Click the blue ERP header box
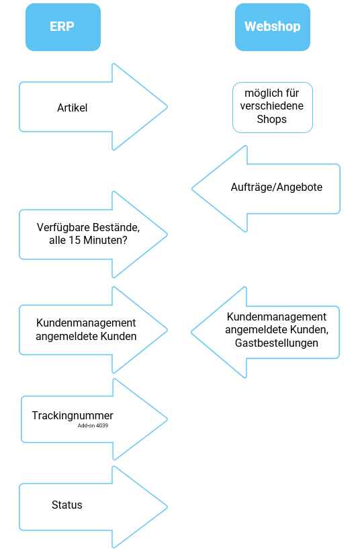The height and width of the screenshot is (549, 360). (x=63, y=27)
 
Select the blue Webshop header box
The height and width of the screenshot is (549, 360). (x=273, y=27)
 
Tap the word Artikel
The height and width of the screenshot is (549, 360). (x=72, y=108)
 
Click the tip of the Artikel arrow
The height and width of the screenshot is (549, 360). (x=167, y=107)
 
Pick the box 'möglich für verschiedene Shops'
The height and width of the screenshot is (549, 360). (x=273, y=108)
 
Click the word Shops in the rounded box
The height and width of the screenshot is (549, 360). (x=271, y=119)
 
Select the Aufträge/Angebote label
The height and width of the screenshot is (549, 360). (x=277, y=187)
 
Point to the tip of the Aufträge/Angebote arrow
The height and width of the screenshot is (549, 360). (x=192, y=189)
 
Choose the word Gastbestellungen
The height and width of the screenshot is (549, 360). (x=277, y=343)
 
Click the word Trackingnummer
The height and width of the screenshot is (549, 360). (x=73, y=415)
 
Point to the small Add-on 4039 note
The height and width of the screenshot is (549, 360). (x=93, y=425)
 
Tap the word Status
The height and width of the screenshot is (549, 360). (x=66, y=505)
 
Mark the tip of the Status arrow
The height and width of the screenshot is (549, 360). (x=167, y=507)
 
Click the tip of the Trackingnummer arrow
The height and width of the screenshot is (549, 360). (x=167, y=419)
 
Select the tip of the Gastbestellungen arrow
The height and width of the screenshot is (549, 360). (x=191, y=332)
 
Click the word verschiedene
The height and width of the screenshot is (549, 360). (x=271, y=105)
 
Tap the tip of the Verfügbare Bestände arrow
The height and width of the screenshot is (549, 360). (x=167, y=235)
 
